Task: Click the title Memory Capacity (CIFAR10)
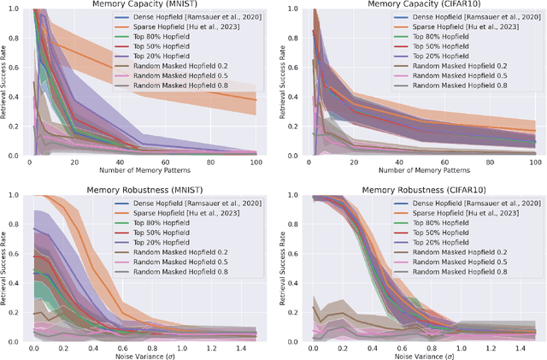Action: [412, 4]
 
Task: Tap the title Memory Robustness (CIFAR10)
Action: [412, 188]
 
